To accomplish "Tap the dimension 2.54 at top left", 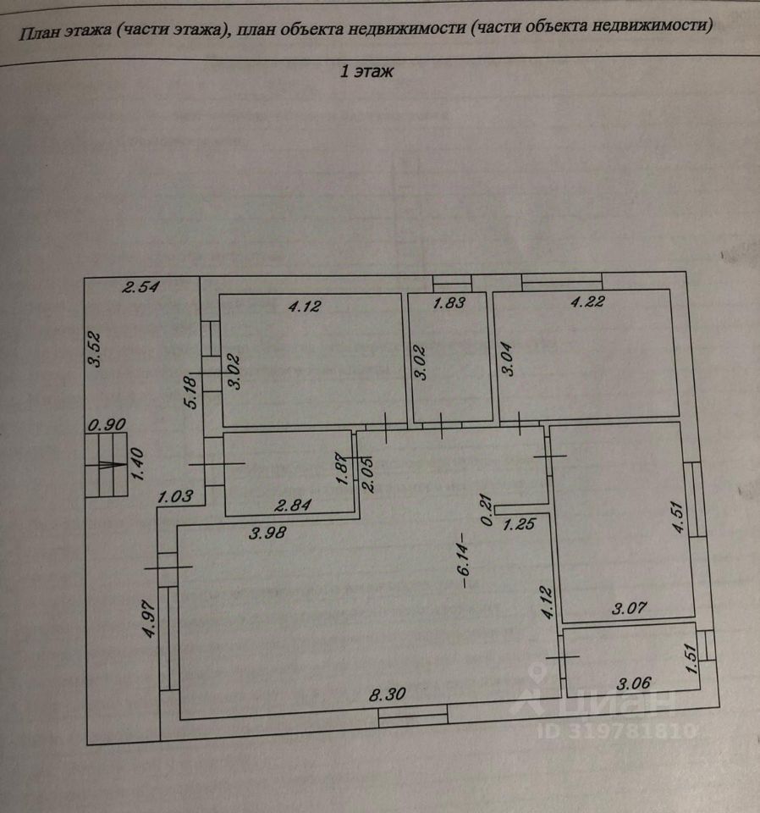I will coord(141,287).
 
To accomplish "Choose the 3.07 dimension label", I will coord(630,607).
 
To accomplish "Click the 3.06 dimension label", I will coord(635,683).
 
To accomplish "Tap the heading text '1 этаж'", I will coord(367,72).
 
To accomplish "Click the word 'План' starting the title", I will coord(37,33).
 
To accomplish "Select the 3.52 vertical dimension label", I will coord(97,349).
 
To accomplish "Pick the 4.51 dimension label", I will coord(677,517).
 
